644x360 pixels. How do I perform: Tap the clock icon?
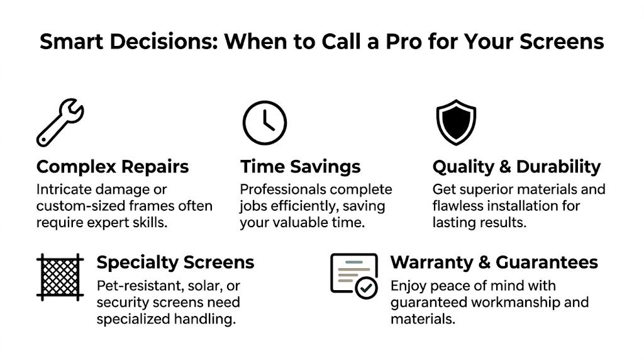pyautogui.click(x=264, y=123)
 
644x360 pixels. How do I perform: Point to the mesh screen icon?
pyautogui.click(x=60, y=276)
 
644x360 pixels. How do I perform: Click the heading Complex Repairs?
pyautogui.click(x=113, y=167)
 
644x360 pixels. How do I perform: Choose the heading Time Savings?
pyautogui.click(x=301, y=167)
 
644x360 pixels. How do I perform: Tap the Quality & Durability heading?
pyautogui.click(x=516, y=167)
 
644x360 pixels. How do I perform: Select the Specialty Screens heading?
pyautogui.click(x=175, y=262)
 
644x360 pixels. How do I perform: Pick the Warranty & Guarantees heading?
pyautogui.click(x=494, y=262)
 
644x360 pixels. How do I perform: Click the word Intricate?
pyautogui.click(x=62, y=189)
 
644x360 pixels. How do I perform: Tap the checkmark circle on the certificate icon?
pyautogui.click(x=366, y=288)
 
